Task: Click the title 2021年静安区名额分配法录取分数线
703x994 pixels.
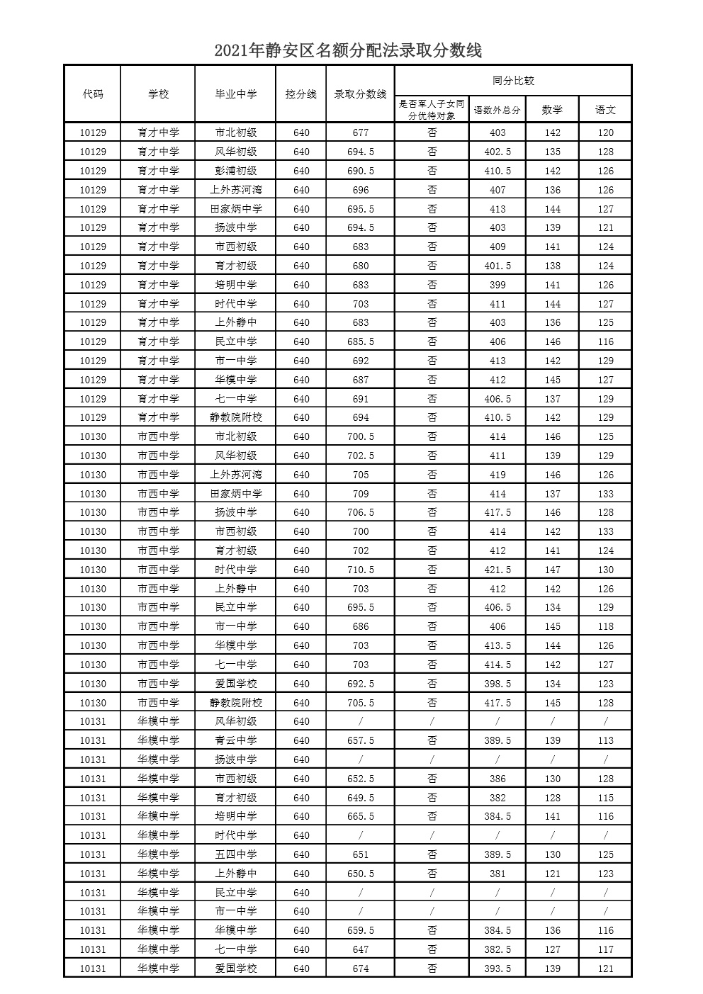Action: point(348,50)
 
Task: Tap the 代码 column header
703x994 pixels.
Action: point(92,94)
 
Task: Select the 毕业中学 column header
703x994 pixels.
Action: point(235,94)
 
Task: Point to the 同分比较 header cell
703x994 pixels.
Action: point(513,81)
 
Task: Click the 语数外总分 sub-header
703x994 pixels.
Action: point(497,110)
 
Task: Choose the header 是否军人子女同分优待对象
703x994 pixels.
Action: point(432,110)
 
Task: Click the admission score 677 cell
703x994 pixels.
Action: point(360,132)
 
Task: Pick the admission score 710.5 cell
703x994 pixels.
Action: point(360,570)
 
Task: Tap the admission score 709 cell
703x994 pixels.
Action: point(360,494)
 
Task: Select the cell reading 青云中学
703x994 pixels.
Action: point(235,740)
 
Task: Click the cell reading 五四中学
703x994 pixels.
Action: point(235,854)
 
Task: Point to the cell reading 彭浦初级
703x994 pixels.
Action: point(235,171)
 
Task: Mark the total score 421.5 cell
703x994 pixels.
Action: point(497,570)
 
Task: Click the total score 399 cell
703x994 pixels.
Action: point(497,285)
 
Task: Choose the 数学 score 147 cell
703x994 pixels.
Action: point(552,570)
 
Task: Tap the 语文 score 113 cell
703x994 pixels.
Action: point(604,740)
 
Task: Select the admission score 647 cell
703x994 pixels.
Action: point(360,949)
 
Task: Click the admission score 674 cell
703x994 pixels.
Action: point(360,968)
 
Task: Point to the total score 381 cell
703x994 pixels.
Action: point(497,874)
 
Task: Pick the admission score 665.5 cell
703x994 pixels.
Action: point(360,816)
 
